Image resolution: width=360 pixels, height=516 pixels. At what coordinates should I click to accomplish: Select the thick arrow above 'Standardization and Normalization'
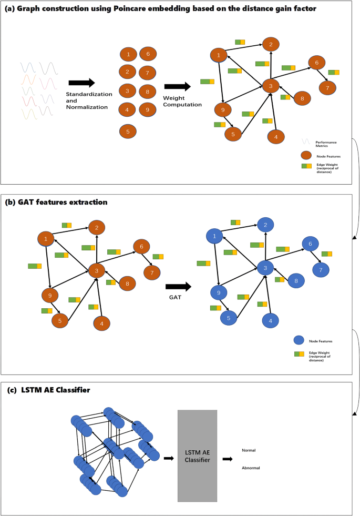point(81,83)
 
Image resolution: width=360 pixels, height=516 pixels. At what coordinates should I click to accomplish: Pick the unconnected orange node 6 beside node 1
point(148,53)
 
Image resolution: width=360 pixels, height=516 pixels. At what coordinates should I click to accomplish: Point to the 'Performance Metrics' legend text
point(326,143)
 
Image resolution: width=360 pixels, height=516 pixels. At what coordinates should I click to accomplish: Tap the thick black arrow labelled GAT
point(179,287)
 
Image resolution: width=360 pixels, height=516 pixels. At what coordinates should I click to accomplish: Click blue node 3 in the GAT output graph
point(265,268)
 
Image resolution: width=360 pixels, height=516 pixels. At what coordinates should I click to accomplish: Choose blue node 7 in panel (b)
point(321,270)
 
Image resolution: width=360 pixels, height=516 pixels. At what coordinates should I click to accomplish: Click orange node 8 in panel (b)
point(127,284)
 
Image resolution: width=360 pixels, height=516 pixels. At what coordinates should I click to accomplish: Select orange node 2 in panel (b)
point(97,227)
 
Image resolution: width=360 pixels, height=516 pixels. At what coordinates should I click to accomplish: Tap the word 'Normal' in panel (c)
point(249,451)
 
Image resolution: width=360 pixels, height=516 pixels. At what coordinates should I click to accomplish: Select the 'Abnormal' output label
point(251,468)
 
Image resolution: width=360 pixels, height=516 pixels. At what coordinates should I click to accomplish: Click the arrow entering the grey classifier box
point(169,459)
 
